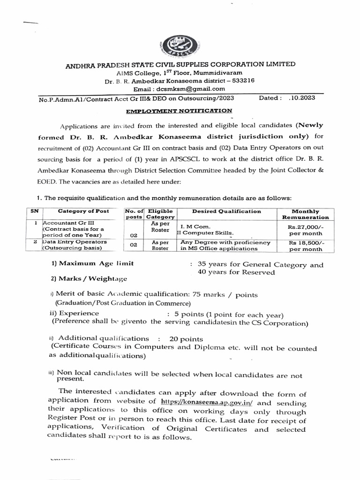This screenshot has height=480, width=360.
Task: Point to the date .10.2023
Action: [x=300, y=98]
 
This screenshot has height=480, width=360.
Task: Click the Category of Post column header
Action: [x=83, y=211]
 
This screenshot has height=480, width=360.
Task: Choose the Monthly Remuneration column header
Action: [x=305, y=214]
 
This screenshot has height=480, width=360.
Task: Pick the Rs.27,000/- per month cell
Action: [x=305, y=229]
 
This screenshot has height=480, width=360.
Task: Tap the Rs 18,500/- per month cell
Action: [x=305, y=246]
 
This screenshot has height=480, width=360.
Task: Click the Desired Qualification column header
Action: [x=226, y=211]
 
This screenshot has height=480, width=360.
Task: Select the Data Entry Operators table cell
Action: [x=75, y=242]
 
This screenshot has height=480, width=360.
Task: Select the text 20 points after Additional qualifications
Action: [x=186, y=338]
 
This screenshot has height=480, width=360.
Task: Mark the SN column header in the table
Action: [x=34, y=211]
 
